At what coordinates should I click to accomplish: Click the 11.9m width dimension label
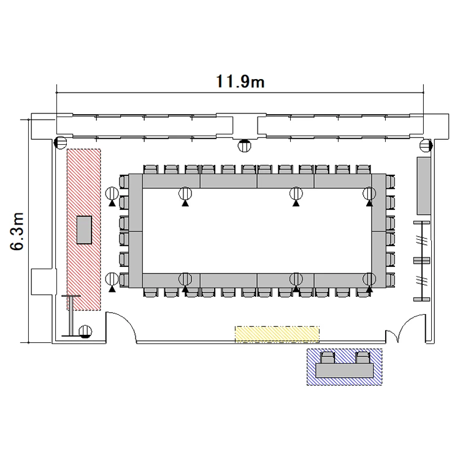pos(240,81)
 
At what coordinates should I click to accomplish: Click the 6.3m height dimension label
pos(17,231)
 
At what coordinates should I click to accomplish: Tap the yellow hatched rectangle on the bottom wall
pos(277,334)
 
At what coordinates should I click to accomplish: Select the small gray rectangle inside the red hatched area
pos(84,230)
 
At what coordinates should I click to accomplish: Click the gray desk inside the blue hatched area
pos(345,370)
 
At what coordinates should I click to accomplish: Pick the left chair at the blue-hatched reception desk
pos(328,358)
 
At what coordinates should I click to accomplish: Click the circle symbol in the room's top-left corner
pos(61,143)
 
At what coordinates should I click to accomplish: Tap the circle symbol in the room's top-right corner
pos(426,145)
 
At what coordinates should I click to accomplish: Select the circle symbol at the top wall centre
pos(244,145)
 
